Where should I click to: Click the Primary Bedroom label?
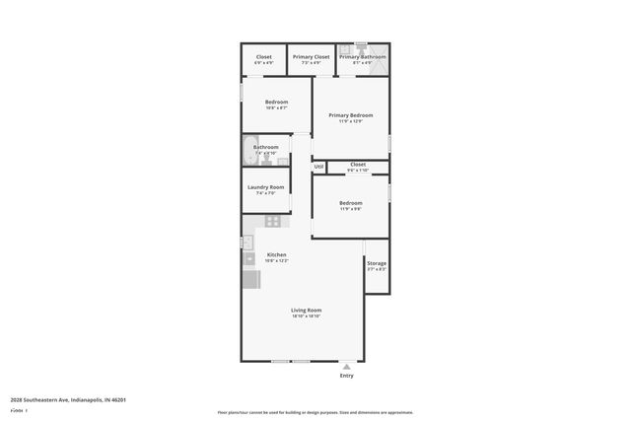tap(351, 114)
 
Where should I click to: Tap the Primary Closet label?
tap(312, 57)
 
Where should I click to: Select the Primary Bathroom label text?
tap(363, 57)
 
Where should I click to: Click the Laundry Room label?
tap(265, 187)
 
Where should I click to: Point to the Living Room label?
tap(307, 310)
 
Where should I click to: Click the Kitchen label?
tap(277, 254)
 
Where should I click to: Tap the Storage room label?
tap(377, 263)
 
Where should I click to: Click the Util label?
tap(318, 167)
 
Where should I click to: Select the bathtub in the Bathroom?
tap(247, 151)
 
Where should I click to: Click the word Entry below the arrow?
tap(346, 376)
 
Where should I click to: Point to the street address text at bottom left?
tap(68, 399)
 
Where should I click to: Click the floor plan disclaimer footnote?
tap(315, 411)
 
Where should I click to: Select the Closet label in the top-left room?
tap(264, 57)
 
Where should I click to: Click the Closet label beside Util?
tap(357, 164)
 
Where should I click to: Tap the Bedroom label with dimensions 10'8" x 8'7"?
tap(277, 103)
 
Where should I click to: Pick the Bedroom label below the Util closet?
tap(351, 203)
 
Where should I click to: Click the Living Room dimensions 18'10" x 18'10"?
tap(307, 316)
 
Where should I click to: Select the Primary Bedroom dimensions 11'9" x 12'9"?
tap(351, 121)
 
